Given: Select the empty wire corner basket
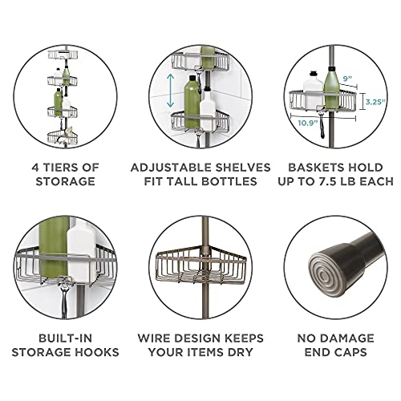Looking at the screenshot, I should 200,269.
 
